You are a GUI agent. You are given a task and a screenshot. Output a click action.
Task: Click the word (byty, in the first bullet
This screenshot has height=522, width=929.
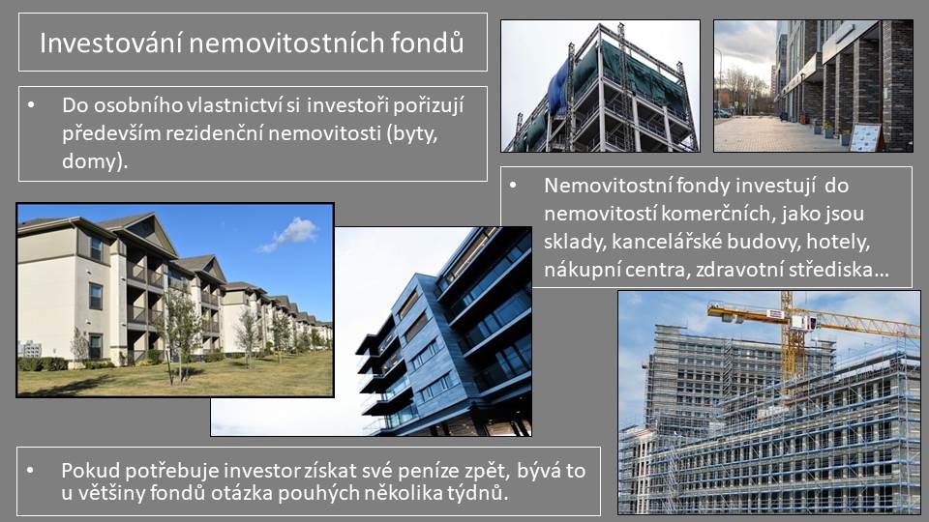coord(412,134)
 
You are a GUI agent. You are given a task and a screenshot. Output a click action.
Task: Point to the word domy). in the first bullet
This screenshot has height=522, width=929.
coord(95,161)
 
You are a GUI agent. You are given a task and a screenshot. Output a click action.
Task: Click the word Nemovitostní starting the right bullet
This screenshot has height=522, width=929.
coord(607,186)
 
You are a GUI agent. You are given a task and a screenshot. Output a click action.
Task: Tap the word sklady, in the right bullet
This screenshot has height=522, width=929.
coord(575,242)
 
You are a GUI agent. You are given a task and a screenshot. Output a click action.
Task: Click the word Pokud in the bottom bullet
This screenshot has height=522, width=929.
coord(88,471)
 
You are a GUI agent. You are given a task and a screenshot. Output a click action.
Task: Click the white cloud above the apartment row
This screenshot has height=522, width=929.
coord(292,234)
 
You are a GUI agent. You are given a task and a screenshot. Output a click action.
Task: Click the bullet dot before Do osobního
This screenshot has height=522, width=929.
coord(31,105)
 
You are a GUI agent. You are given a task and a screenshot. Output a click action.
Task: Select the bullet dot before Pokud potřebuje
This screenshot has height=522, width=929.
coord(31,471)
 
